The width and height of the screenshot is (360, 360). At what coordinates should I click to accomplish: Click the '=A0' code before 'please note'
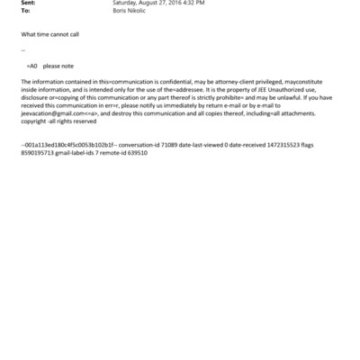click(x=32, y=67)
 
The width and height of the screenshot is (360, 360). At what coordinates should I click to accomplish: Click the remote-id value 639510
click(x=136, y=153)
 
